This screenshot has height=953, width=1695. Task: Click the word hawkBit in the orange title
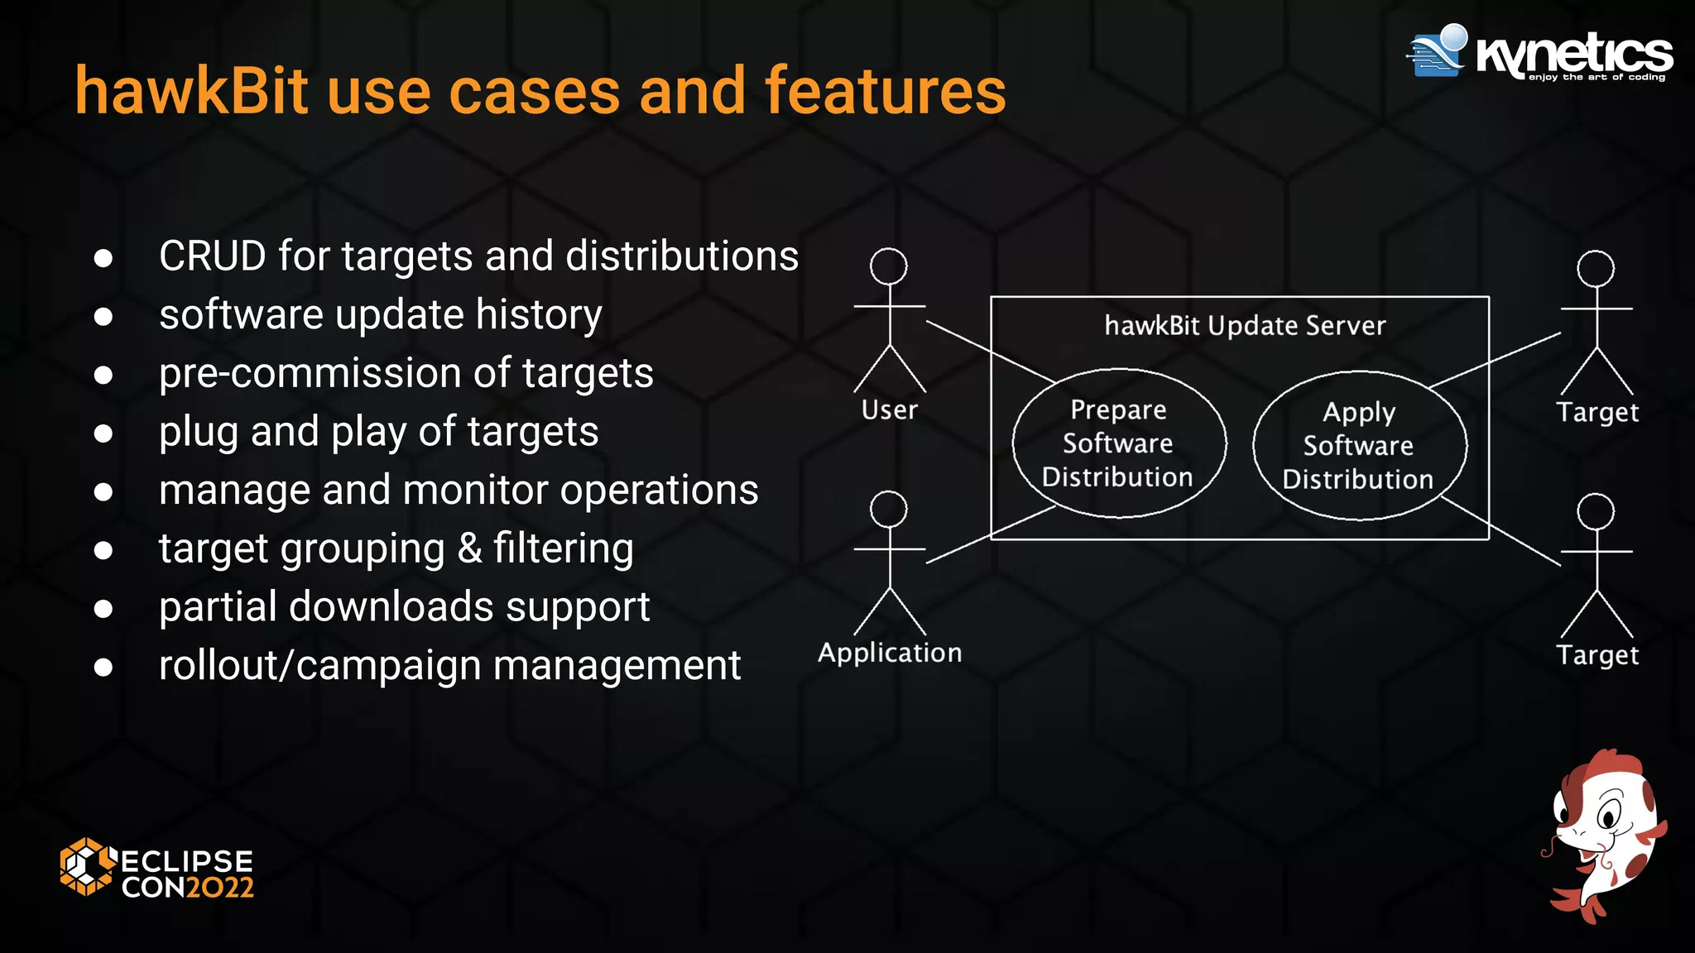click(191, 91)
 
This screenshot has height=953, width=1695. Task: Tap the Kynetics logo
click(1539, 53)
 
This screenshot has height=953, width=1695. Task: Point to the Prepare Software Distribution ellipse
click(1118, 443)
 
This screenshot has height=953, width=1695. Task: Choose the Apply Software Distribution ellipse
click(1359, 446)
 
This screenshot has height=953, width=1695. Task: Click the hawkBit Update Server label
click(1245, 326)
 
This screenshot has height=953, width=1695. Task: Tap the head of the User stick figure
click(889, 266)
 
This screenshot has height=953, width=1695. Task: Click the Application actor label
click(890, 653)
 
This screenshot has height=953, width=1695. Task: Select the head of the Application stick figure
click(889, 510)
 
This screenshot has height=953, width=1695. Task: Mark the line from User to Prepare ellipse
click(990, 352)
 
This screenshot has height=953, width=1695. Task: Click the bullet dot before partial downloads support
click(103, 609)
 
